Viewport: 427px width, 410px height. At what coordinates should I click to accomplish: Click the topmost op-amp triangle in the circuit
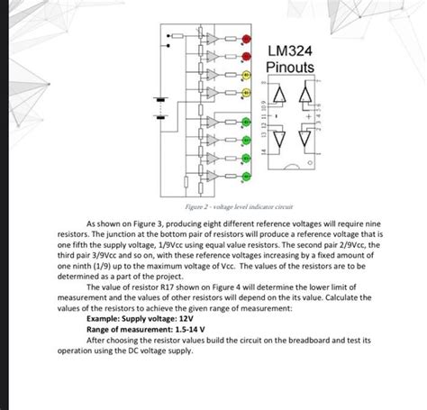[x=209, y=39]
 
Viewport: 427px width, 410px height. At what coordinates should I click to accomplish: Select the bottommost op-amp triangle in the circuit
[x=209, y=174]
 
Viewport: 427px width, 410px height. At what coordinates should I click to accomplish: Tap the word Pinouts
[x=291, y=68]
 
